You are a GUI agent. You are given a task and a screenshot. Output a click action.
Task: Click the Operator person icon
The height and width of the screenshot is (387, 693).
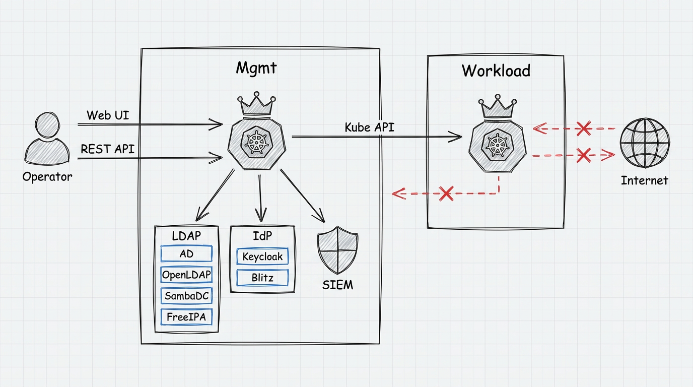pos(47,139)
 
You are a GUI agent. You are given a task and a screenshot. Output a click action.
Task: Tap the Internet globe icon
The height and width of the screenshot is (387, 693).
pos(645,143)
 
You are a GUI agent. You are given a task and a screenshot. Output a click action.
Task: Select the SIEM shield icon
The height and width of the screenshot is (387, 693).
pos(337,250)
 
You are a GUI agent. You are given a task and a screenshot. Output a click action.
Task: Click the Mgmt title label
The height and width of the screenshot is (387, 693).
pos(256,68)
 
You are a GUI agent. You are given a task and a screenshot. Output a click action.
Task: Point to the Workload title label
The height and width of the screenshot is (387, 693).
pos(496,71)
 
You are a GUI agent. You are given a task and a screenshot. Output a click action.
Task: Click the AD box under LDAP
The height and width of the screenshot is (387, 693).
pos(186,253)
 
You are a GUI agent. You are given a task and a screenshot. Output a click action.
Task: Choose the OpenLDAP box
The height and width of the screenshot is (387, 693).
pos(186,275)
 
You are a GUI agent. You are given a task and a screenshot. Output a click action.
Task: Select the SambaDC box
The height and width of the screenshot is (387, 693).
pos(186,296)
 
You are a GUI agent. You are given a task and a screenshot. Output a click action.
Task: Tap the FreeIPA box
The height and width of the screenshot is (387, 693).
pos(186,317)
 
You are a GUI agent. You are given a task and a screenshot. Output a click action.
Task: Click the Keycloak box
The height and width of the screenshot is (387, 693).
pos(262,256)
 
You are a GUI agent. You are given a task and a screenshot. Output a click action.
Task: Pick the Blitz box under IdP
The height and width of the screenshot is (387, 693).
pos(262,278)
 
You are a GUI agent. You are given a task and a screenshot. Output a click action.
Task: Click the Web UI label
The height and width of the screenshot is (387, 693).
pos(108,115)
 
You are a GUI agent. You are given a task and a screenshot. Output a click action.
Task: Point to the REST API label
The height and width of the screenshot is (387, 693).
pos(108,149)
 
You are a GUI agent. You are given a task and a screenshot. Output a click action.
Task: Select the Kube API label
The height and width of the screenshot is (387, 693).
pos(369,127)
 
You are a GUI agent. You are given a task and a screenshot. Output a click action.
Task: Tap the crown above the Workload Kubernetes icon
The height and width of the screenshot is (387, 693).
pos(497,106)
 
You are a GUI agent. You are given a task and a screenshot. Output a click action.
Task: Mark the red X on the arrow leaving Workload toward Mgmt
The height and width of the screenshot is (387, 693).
pos(446,193)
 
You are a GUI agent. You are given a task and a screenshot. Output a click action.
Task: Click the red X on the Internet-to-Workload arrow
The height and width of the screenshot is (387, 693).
pos(584,128)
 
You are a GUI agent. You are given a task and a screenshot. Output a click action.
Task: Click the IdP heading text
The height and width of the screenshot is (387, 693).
pos(262,236)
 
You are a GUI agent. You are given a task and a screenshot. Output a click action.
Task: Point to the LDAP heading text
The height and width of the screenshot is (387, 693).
pos(186,236)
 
